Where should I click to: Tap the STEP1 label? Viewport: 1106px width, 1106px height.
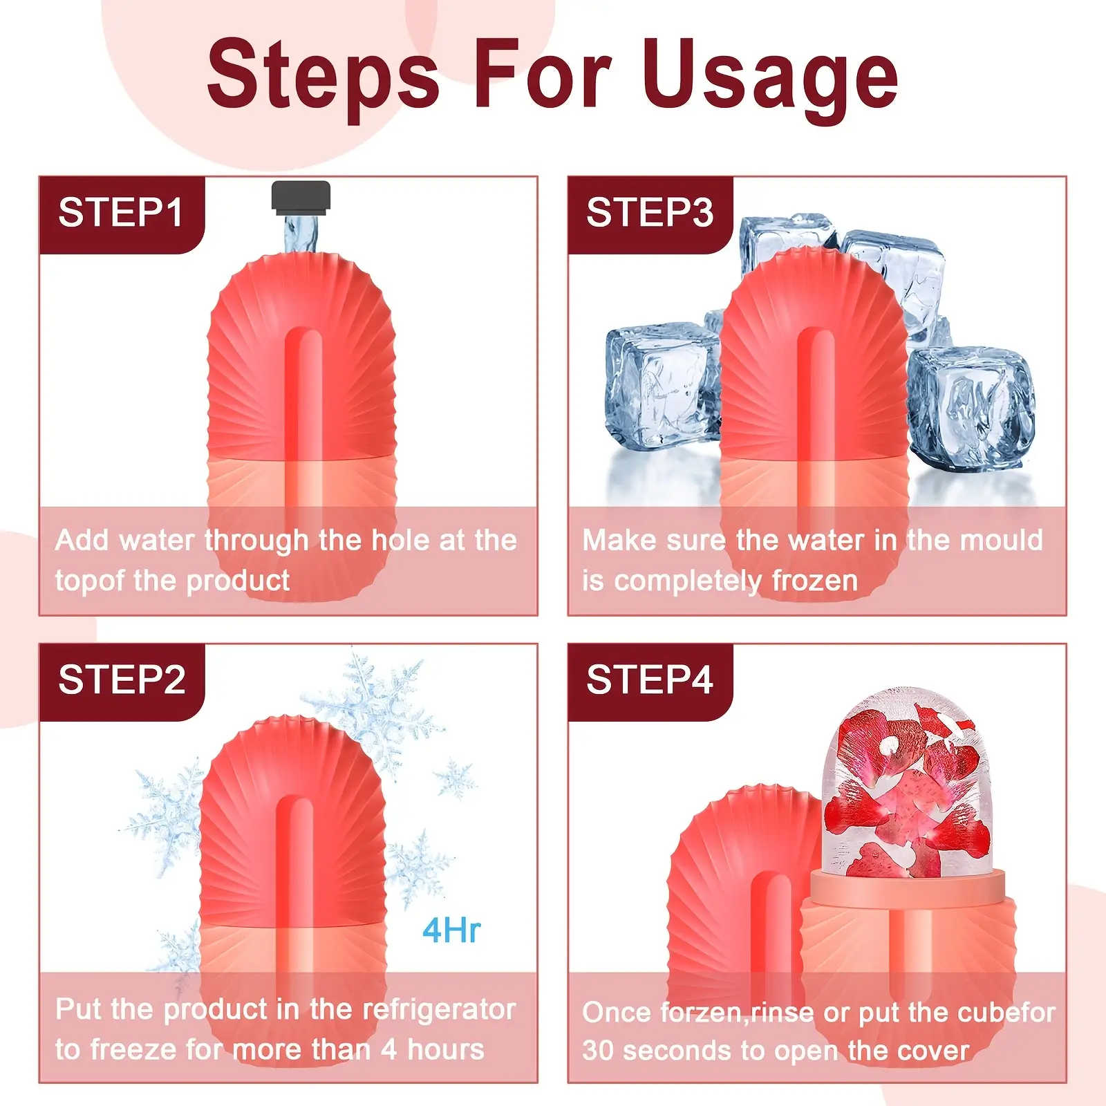(121, 213)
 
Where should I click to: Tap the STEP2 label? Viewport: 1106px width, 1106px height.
(122, 680)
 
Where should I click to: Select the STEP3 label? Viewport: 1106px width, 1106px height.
(649, 213)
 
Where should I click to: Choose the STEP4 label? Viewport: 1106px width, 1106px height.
(649, 680)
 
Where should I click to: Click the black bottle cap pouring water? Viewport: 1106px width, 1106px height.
(301, 196)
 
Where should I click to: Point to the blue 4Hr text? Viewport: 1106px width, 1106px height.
(451, 931)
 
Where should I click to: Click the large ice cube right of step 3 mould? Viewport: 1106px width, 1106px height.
(971, 408)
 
